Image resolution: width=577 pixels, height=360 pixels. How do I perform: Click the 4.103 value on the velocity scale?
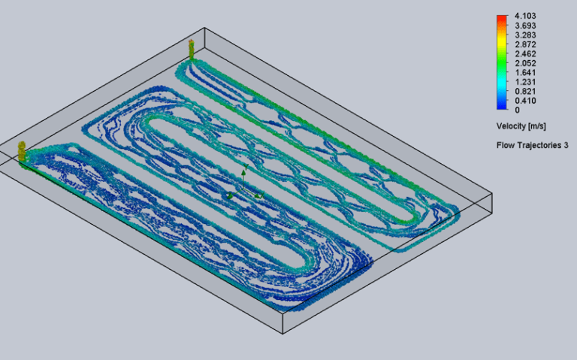[525, 16]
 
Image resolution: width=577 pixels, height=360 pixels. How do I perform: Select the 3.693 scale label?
[525, 26]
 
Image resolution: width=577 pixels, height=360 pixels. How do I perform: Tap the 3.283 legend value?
[525, 35]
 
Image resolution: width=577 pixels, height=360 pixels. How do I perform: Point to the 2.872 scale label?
[525, 44]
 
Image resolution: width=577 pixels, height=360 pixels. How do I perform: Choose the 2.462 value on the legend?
[525, 54]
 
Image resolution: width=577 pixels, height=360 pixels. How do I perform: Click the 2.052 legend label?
[525, 63]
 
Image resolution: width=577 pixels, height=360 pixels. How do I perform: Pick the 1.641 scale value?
[525, 72]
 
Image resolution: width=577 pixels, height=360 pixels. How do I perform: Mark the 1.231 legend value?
[525, 82]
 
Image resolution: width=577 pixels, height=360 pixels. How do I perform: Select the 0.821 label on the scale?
[525, 91]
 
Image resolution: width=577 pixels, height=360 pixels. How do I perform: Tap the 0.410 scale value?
[525, 101]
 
